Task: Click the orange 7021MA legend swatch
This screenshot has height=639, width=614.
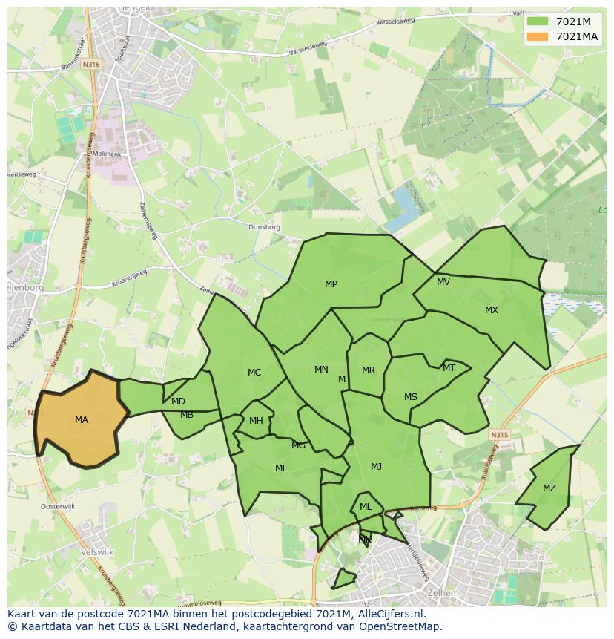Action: [539, 36]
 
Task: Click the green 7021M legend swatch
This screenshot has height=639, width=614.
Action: [539, 22]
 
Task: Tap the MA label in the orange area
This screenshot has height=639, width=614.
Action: [82, 420]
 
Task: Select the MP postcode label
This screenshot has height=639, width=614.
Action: [331, 284]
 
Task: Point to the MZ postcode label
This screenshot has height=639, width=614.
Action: [549, 488]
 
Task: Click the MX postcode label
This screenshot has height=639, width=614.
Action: [492, 310]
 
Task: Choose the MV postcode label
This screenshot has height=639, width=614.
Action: [443, 282]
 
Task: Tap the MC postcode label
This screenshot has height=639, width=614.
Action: [254, 373]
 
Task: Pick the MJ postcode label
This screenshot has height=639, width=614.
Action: [376, 467]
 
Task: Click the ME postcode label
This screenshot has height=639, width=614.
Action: [281, 468]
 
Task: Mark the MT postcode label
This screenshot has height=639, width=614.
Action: [449, 368]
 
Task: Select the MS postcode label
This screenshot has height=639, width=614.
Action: [410, 397]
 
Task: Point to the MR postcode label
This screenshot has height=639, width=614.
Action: [369, 370]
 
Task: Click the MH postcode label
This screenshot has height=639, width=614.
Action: [256, 421]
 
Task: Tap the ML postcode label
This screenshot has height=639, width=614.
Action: [366, 507]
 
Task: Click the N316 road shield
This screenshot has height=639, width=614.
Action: [91, 65]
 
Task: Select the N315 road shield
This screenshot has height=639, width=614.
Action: [500, 436]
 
